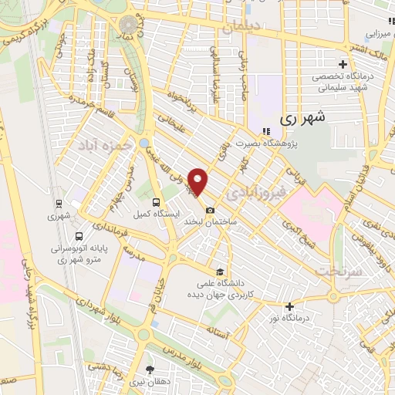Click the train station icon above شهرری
point(58,204)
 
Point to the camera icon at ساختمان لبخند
point(210,210)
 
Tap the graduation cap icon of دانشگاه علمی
point(221,272)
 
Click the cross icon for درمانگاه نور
point(289,306)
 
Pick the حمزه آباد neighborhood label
point(101,144)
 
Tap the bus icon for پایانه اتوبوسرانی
point(79,236)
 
